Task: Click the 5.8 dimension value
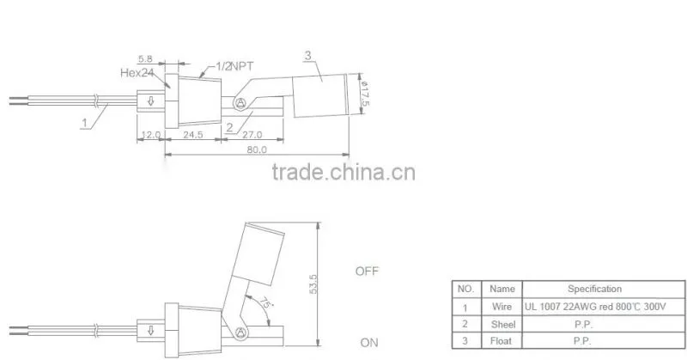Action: pyautogui.click(x=145, y=58)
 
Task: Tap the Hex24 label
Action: pyautogui.click(x=137, y=73)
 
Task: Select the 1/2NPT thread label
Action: pyautogui.click(x=234, y=67)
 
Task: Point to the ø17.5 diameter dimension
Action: pyautogui.click(x=364, y=94)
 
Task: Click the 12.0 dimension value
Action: pyautogui.click(x=151, y=135)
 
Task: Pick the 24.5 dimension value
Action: pyautogui.click(x=192, y=135)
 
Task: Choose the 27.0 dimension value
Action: pyautogui.click(x=252, y=135)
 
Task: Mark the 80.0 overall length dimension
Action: pyautogui.click(x=257, y=149)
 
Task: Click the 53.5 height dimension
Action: pyautogui.click(x=313, y=284)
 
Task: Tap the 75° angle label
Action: pyautogui.click(x=264, y=303)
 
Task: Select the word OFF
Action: pyautogui.click(x=367, y=271)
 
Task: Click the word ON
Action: pyautogui.click(x=369, y=343)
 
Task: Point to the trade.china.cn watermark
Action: pyautogui.click(x=343, y=172)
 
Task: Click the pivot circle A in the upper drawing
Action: pyautogui.click(x=240, y=103)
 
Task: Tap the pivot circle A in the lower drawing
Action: pyautogui.click(x=240, y=333)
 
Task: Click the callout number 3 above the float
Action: pyautogui.click(x=308, y=56)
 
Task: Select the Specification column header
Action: pyautogui.click(x=594, y=289)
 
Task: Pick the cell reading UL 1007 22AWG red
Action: pyautogui.click(x=595, y=307)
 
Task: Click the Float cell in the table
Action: pyautogui.click(x=501, y=341)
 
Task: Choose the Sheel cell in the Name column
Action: pyautogui.click(x=503, y=324)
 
